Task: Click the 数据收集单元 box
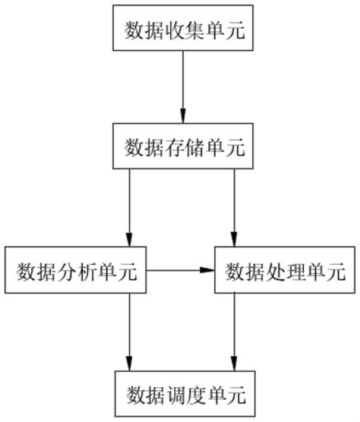(182, 29)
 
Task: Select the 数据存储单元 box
(182, 146)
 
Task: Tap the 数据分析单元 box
(74, 269)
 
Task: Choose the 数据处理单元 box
(285, 269)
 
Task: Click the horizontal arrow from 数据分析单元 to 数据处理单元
(178, 269)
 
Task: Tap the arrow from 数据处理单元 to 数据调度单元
(234, 330)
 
